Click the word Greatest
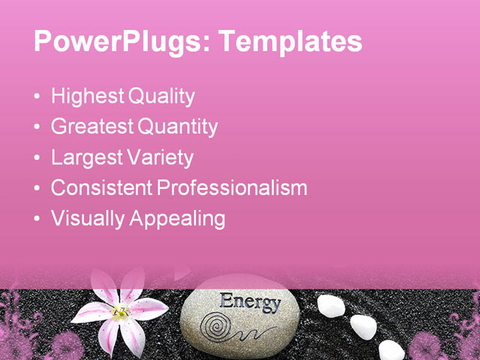coord(91,127)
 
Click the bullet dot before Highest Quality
coord(38,97)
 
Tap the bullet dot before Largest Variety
coord(38,159)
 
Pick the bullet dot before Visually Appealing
coord(38,220)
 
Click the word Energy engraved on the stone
coord(250,302)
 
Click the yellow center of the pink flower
coord(120,312)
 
